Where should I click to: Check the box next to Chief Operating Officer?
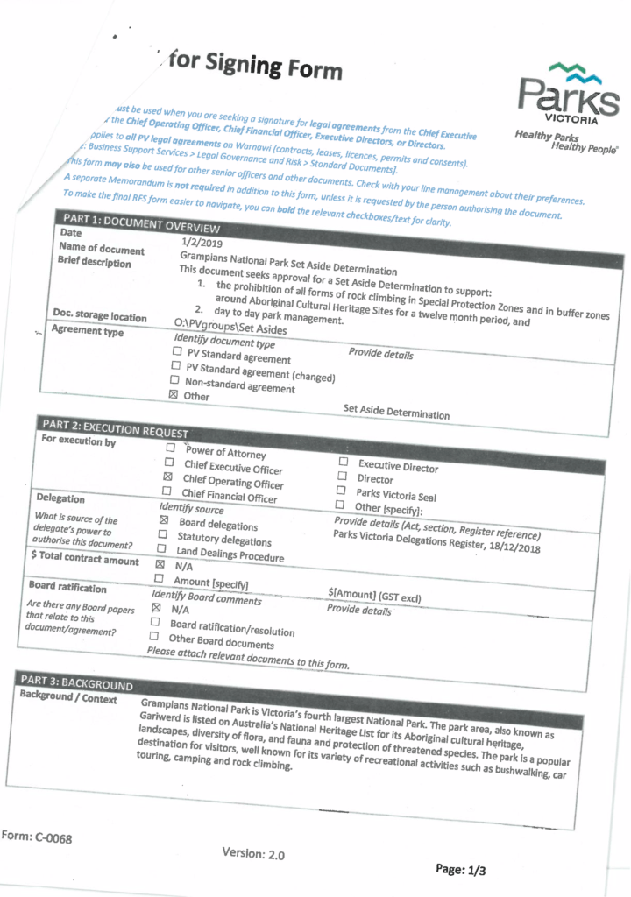[x=167, y=477]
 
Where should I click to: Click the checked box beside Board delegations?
[x=164, y=521]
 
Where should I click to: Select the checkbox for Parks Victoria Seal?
[x=341, y=491]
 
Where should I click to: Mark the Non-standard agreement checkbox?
[x=174, y=381]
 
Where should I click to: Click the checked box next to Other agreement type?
[x=173, y=395]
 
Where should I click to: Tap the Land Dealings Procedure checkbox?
[x=162, y=550]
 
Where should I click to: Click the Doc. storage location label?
[x=99, y=316]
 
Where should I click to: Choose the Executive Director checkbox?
[x=344, y=462]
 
